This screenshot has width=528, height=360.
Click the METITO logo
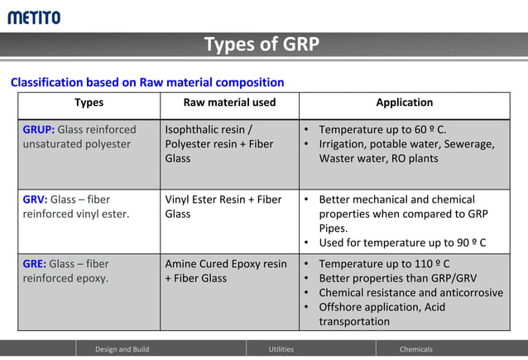[x=34, y=17]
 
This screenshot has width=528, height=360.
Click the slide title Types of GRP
[x=262, y=45]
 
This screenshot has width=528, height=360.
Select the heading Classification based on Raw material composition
[x=147, y=82]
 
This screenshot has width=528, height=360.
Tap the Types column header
[x=89, y=103]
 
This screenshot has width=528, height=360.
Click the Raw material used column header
[x=229, y=103]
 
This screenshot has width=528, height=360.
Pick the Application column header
[x=404, y=103]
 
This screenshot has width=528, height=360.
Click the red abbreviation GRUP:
[x=38, y=130]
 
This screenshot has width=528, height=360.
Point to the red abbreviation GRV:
[x=35, y=199]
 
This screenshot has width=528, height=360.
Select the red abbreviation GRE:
[x=35, y=264]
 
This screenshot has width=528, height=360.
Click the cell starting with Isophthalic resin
[x=218, y=144]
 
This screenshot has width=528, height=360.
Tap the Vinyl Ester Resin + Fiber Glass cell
[x=223, y=206]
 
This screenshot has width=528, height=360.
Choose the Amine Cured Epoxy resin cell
[x=226, y=271]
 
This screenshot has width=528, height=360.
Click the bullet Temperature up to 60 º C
[x=382, y=130]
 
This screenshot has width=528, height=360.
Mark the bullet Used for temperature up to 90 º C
[x=402, y=242]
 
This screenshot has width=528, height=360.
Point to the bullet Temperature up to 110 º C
[x=384, y=264]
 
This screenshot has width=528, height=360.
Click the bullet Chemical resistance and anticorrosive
[x=410, y=292]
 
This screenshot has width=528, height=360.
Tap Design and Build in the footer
[x=122, y=349]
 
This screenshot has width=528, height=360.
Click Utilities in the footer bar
[x=281, y=349]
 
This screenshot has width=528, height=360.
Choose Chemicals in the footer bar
[x=415, y=349]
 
